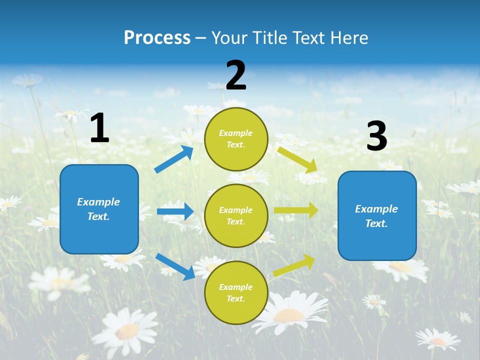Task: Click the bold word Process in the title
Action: click(157, 37)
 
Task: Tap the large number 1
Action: click(99, 128)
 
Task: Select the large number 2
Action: click(236, 75)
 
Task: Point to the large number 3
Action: click(376, 136)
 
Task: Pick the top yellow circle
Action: click(236, 139)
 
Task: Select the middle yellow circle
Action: click(236, 215)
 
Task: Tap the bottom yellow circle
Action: click(236, 292)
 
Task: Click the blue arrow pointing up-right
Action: click(174, 159)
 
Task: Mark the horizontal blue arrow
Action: click(175, 211)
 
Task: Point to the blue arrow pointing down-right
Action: click(175, 266)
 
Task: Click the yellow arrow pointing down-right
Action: click(298, 159)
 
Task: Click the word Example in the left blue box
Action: click(98, 202)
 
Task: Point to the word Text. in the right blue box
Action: click(376, 223)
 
